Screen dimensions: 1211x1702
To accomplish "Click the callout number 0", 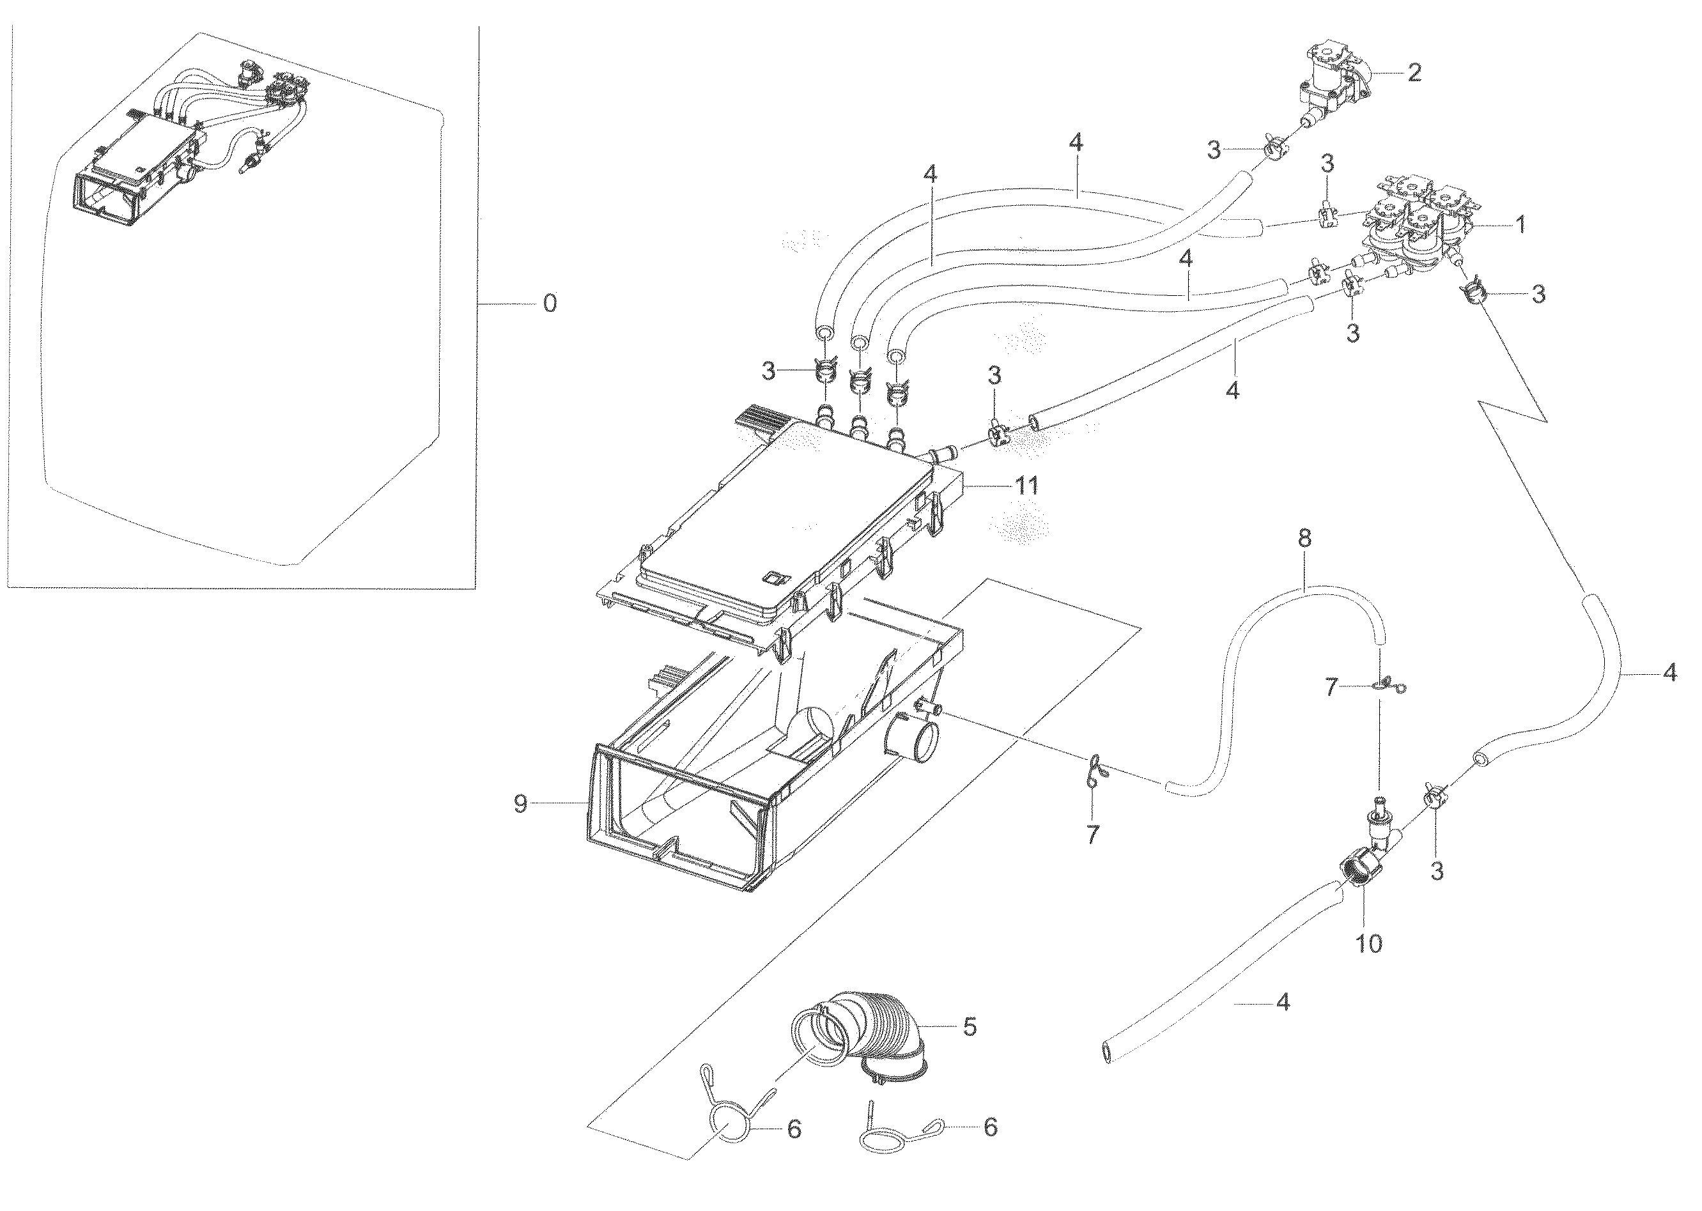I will [x=549, y=304].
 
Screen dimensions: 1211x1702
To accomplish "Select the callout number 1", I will [x=1519, y=224].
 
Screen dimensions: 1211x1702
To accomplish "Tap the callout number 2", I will [x=1413, y=72].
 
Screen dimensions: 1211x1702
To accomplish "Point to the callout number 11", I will [x=1026, y=486].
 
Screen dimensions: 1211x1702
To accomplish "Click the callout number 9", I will [x=521, y=803].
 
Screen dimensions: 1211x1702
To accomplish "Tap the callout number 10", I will [x=1370, y=943].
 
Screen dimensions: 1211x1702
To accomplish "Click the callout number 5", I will [x=969, y=1027].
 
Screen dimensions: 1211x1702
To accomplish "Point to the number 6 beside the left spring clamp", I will [x=794, y=1130].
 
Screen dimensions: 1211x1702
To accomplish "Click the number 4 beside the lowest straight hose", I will [x=1282, y=1003].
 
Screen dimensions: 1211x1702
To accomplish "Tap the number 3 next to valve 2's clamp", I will [x=1214, y=150].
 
